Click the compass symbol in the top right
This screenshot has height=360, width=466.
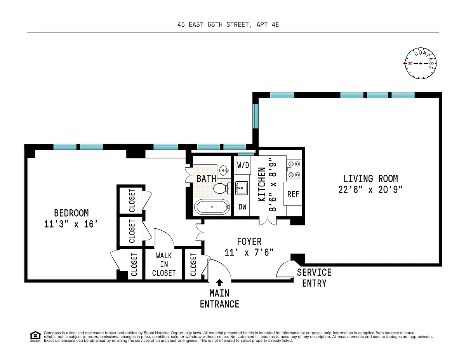click(421, 63)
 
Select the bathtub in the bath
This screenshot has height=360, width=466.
click(212, 207)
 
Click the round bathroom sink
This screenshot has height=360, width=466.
click(224, 170)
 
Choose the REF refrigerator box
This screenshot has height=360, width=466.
click(293, 193)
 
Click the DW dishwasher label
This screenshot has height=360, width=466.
click(242, 207)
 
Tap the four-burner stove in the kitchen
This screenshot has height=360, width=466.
click(294, 169)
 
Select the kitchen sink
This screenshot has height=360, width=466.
click(242, 188)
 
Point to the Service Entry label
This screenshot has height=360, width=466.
click(314, 278)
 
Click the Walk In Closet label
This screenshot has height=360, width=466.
click(164, 264)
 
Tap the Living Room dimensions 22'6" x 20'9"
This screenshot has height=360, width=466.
click(370, 190)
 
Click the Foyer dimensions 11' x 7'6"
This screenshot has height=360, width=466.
click(249, 252)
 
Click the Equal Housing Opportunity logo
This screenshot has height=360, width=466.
click(35, 336)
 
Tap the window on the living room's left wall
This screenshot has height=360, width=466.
click(256, 116)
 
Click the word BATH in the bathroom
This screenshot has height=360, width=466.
click(206, 179)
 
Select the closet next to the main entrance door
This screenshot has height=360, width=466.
click(193, 264)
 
